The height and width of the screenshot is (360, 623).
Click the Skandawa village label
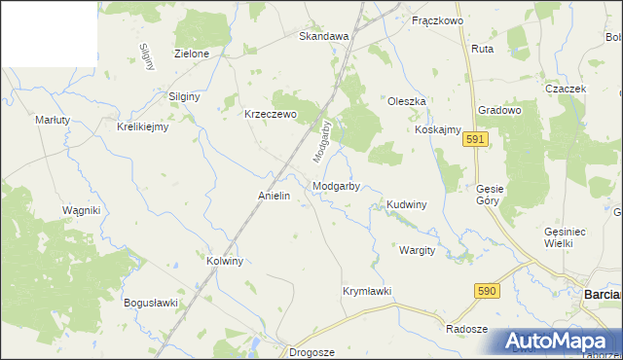(x=323, y=37)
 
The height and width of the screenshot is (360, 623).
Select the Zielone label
(x=191, y=54)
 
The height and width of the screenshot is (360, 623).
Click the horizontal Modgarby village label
(x=337, y=185)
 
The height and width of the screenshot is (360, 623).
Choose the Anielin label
(x=275, y=196)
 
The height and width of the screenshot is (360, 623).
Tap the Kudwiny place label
(x=407, y=205)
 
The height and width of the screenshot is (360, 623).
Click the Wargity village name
(x=417, y=250)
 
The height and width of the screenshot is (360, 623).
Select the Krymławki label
(x=367, y=291)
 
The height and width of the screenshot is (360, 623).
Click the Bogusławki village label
(x=151, y=303)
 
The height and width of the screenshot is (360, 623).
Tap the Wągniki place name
(x=82, y=210)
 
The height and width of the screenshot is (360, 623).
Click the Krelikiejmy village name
(x=143, y=126)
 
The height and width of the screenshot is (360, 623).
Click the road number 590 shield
(x=488, y=291)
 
